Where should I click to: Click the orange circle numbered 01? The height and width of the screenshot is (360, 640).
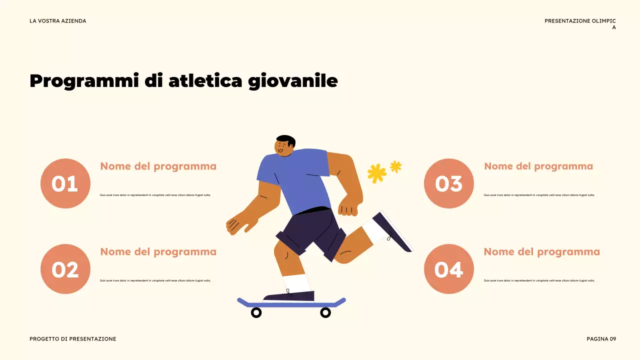coord(65,183)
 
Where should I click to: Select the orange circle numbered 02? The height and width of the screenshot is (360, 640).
coord(65,269)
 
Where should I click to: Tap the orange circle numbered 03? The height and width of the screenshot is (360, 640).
coord(448,183)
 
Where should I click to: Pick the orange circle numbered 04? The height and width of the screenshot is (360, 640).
coord(448,269)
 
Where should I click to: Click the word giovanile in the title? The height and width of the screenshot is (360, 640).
coord(293,81)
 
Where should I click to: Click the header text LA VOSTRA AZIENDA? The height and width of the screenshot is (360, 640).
coord(57,21)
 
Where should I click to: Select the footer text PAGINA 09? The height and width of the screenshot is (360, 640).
coord(601,339)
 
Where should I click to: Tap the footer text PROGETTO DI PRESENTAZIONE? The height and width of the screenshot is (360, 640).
coord(72,339)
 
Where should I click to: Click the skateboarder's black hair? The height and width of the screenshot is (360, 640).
coord(286,139)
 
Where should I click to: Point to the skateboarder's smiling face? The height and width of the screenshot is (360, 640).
coord(282,148)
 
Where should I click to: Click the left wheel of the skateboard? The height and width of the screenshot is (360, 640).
coord(256,312)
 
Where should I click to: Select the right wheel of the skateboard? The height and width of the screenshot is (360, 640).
coord(325,312)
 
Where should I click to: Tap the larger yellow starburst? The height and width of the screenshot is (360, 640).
coord(376,173)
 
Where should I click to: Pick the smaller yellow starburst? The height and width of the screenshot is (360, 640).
coord(395,166)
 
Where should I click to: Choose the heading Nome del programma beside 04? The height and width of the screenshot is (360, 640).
coord(541,252)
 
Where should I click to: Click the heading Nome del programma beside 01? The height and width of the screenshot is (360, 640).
coord(158,166)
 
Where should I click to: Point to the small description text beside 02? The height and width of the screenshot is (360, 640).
coord(155,280)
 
